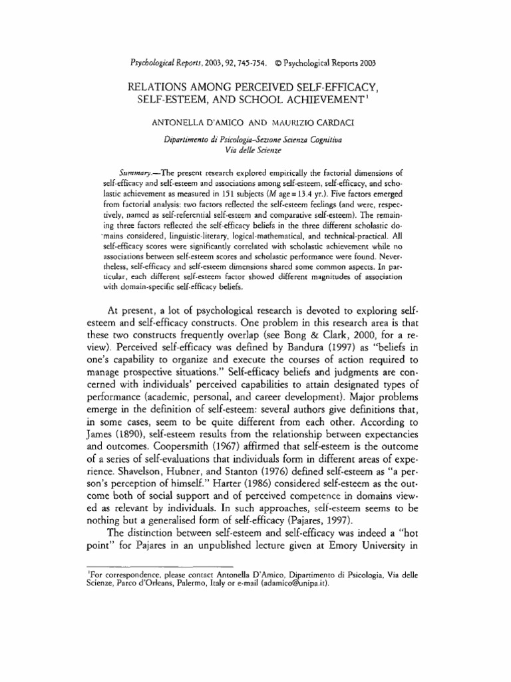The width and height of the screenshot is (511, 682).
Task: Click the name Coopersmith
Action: point(166,446)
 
